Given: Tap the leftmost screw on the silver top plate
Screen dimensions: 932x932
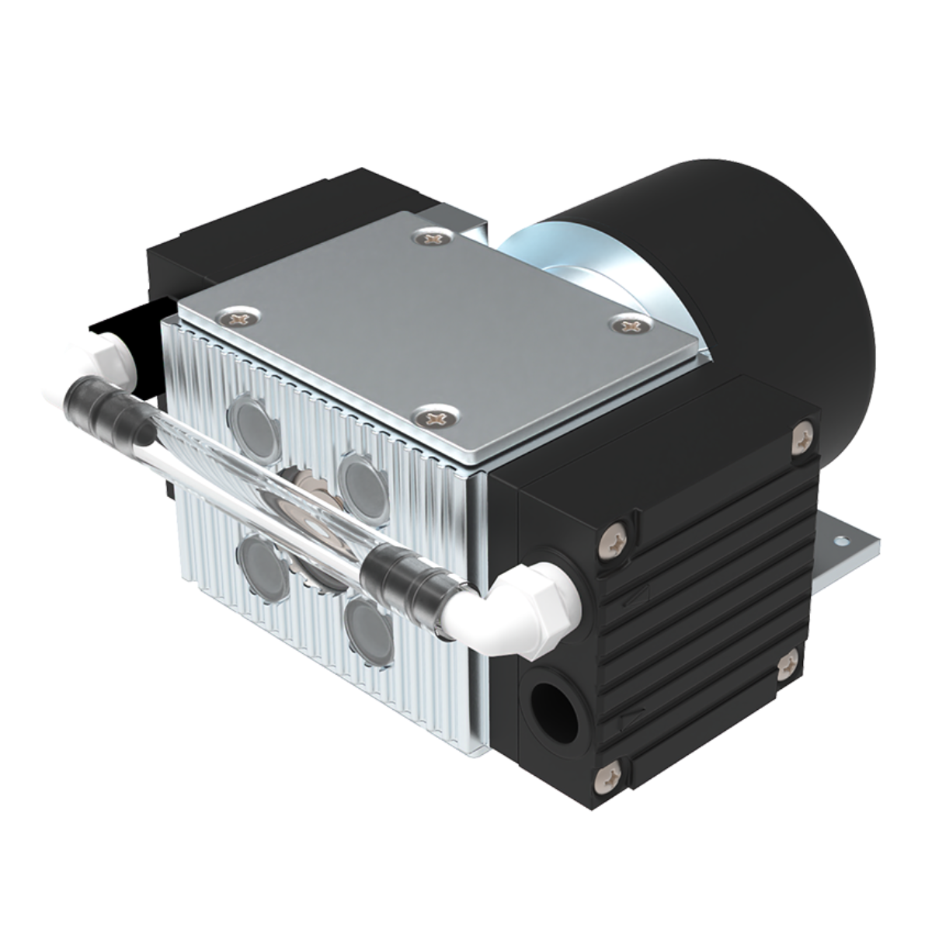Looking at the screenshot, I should [x=236, y=315].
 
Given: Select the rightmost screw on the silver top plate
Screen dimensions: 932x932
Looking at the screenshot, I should [x=628, y=325].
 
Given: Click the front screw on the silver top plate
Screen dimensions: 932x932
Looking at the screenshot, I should [x=435, y=417].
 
